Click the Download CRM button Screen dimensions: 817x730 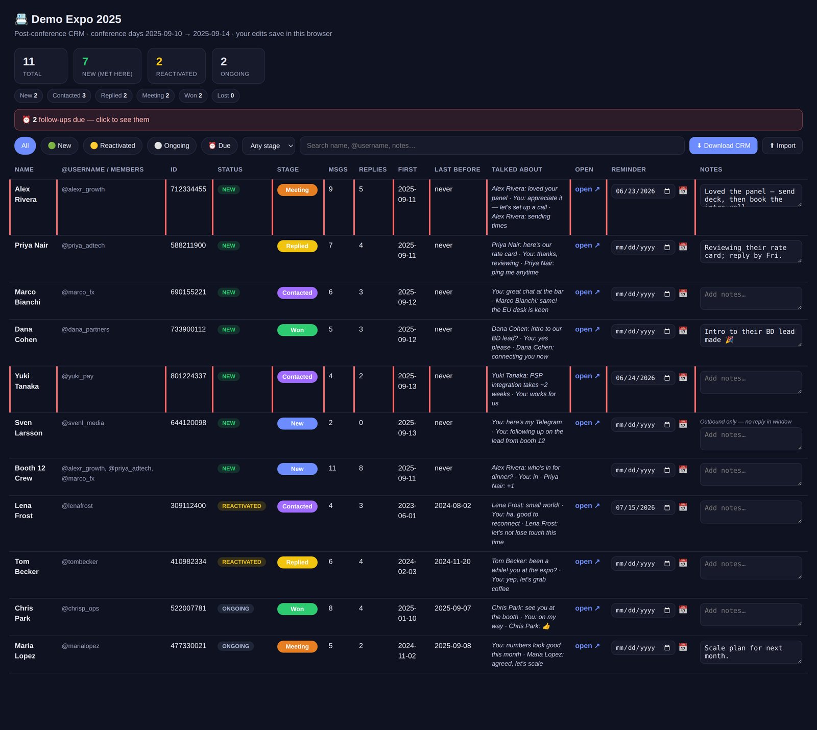(723, 145)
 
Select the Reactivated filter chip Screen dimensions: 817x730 (112, 145)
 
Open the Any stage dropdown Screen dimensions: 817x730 (269, 145)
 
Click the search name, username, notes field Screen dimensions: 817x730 (492, 145)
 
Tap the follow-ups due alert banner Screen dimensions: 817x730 (408, 119)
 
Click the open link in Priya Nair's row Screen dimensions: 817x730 (587, 246)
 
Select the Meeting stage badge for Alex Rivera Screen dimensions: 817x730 (297, 190)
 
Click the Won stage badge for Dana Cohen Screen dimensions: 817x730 (297, 330)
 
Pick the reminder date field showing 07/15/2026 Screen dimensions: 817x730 (643, 508)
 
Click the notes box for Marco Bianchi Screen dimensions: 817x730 (751, 298)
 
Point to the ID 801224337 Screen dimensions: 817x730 (188, 376)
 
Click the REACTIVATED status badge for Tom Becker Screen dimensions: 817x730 (242, 562)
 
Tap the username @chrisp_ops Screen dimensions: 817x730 (80, 609)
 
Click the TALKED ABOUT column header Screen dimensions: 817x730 (517, 169)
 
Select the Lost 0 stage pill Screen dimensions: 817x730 (226, 95)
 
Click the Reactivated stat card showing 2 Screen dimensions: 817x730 (177, 66)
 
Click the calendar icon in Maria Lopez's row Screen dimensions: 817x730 (683, 647)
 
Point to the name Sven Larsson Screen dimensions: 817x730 (29, 428)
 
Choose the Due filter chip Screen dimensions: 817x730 (220, 145)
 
